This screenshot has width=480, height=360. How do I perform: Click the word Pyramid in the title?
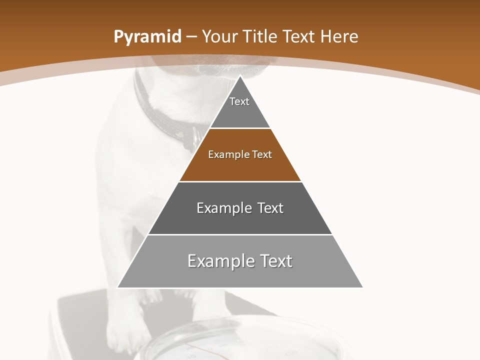click(x=147, y=37)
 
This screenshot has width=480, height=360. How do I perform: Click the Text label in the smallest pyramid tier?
click(x=239, y=101)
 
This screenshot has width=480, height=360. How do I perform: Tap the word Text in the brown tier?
click(x=262, y=154)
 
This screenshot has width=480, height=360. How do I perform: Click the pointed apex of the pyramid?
click(x=240, y=76)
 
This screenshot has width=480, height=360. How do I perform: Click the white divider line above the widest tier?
click(x=240, y=234)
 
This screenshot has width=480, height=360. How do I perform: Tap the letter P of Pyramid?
click(x=118, y=36)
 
